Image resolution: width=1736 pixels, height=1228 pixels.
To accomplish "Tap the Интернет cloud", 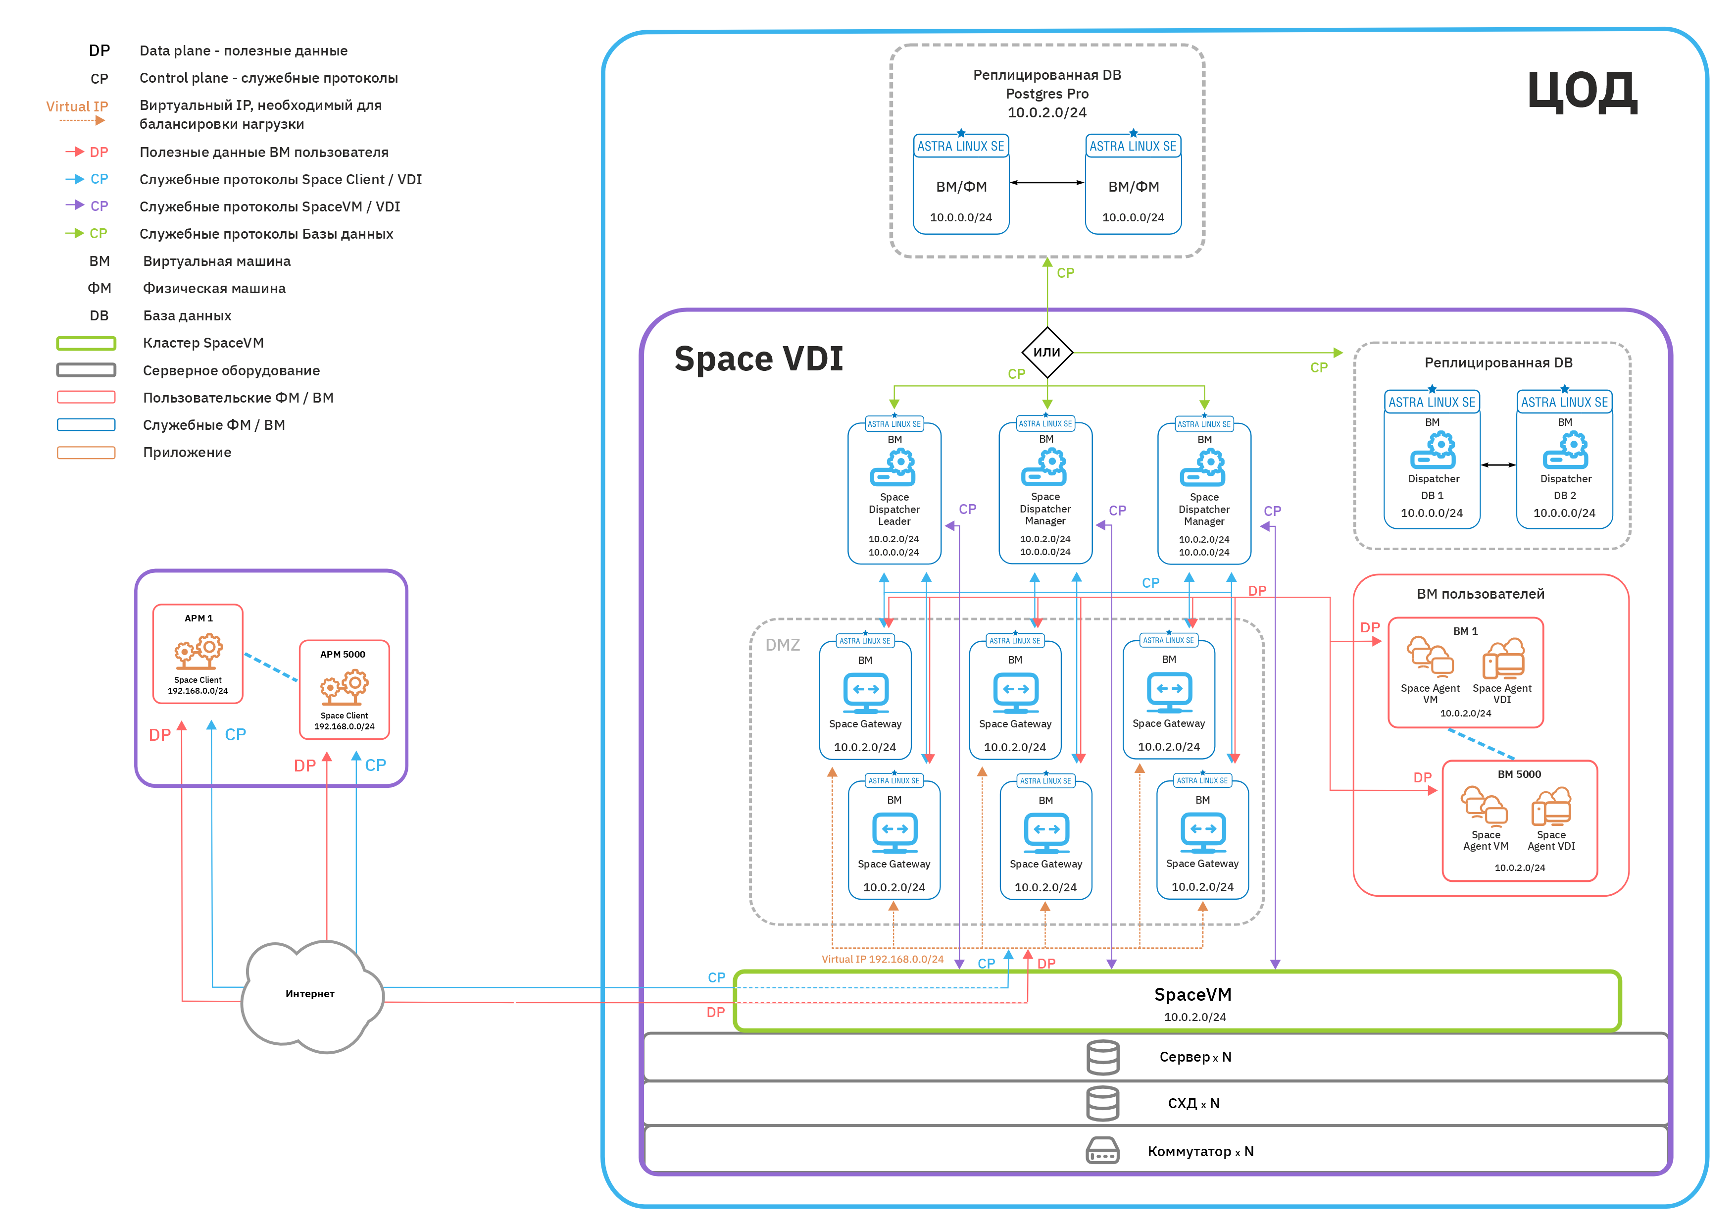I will (310, 994).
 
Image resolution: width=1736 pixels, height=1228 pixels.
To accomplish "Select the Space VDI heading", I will (758, 358).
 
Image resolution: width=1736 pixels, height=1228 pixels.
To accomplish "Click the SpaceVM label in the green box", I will (1192, 994).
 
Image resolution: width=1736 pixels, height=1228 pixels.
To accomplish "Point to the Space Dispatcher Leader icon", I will (893, 468).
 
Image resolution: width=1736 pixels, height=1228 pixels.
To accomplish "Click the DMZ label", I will (783, 645).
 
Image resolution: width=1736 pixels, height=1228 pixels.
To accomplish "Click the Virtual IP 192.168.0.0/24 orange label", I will (883, 959).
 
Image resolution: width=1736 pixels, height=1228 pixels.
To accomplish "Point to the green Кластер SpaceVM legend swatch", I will (86, 343).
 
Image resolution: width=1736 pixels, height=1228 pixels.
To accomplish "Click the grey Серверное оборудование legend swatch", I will (86, 370).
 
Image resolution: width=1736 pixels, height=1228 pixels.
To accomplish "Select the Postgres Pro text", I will (1047, 94).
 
